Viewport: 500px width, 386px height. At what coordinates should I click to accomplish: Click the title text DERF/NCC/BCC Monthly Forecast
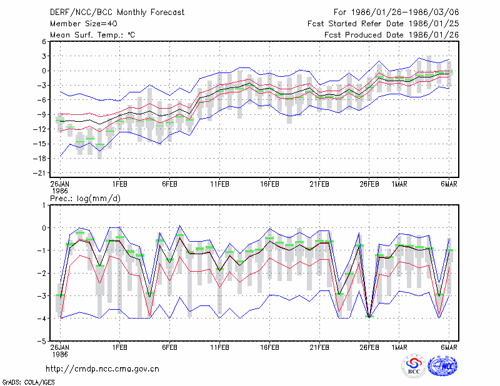point(117,12)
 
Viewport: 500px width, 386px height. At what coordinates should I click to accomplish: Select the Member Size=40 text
point(84,24)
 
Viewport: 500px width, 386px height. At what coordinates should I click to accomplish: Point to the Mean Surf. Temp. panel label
point(92,35)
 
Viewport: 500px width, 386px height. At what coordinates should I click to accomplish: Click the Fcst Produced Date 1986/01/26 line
point(392,35)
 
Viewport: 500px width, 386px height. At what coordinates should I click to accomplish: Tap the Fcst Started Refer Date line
point(383,24)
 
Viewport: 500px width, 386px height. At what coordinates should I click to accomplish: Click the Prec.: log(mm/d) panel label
point(85,199)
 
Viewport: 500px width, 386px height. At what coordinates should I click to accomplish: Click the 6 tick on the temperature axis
point(44,41)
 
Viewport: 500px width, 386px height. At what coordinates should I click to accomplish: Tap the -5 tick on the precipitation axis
point(42,341)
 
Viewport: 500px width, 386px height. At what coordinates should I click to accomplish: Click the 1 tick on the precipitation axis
point(44,205)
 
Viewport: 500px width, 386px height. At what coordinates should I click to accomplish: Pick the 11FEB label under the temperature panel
point(219,184)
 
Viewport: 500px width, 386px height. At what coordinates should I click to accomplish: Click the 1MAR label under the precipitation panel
point(399,347)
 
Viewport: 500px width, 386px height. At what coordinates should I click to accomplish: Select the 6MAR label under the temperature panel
point(449,184)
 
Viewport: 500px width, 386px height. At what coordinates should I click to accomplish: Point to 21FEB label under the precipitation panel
point(319,347)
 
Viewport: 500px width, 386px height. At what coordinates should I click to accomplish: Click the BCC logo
point(414,366)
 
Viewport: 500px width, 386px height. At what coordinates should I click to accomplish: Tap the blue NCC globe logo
point(442,366)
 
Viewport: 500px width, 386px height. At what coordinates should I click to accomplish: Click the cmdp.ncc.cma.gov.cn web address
point(102,369)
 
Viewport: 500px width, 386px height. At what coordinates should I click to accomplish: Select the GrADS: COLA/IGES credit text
point(28,382)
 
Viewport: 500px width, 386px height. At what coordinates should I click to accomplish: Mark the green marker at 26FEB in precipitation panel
point(369,317)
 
